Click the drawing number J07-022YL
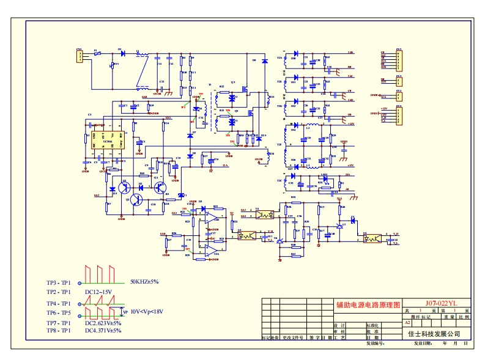point(441,303)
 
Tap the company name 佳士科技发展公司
point(434,334)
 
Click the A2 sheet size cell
point(407,322)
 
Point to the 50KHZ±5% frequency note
point(144,282)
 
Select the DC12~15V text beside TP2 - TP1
point(98,292)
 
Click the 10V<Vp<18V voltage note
point(147,311)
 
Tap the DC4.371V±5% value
point(103,331)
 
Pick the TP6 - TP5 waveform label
point(59,312)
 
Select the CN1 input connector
point(79,56)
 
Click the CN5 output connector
point(399,116)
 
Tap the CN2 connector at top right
point(399,59)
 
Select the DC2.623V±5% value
point(103,323)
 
